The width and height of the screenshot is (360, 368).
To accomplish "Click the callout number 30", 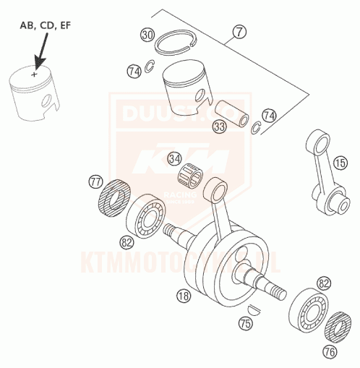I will click(x=147, y=35).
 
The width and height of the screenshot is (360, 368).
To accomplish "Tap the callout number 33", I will click(x=218, y=127).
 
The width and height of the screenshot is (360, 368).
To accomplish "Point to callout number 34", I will click(x=174, y=158).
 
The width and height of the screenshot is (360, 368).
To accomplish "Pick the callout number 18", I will click(x=184, y=295).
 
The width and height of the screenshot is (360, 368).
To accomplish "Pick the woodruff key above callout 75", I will click(x=251, y=310).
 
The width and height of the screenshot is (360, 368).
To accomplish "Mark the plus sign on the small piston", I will click(x=33, y=73).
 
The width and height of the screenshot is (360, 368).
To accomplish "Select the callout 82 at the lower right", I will click(x=324, y=283).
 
